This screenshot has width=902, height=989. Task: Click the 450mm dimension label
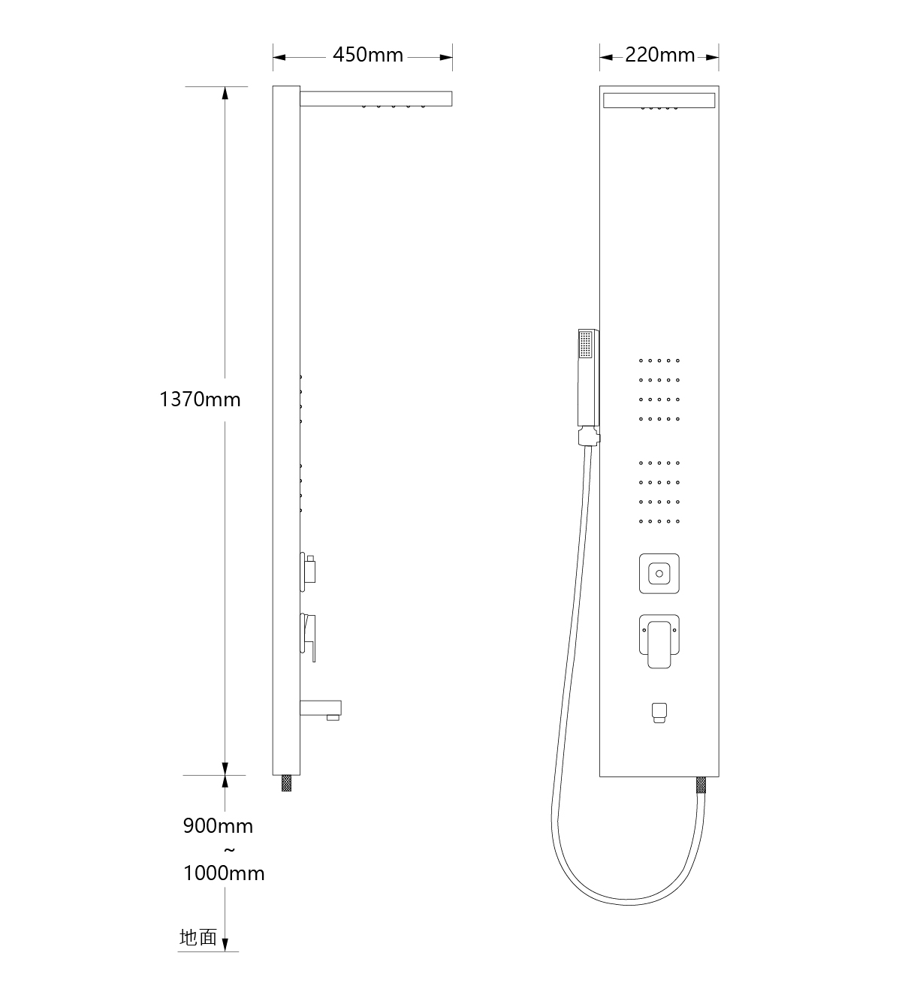point(368,55)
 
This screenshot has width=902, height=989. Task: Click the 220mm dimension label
point(660,55)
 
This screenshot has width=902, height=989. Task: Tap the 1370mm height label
point(200,400)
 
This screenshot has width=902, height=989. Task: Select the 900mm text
point(218,826)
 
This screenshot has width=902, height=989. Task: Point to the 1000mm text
point(224,873)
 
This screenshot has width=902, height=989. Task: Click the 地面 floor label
point(198,937)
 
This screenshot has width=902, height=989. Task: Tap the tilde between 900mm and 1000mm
point(229,850)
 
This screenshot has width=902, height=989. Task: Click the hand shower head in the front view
point(588,378)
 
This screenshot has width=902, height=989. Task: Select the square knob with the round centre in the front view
point(659,574)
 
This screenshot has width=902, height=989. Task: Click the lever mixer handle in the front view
point(659,642)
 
